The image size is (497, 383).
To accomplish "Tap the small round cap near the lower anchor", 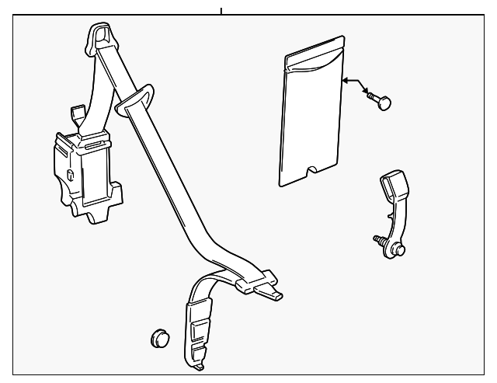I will pos(158,338).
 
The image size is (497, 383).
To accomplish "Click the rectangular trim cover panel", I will pos(311,124).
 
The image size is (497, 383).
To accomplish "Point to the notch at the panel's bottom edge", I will pos(313,169).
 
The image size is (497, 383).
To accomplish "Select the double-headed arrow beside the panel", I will pos(354,85).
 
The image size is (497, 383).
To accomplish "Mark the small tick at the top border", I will pos(221,10).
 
